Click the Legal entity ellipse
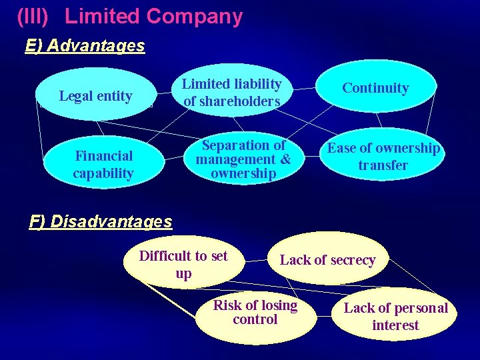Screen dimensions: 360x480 point(96,95)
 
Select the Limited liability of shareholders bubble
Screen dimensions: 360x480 point(232,92)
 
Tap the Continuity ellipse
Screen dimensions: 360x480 point(375,87)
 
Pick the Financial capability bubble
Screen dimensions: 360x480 point(103,164)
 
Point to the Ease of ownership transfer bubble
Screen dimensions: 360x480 point(383,157)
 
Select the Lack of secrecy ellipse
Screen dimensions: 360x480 point(327,259)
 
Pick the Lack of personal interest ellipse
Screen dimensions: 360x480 point(395,316)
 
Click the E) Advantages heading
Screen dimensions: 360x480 point(85,45)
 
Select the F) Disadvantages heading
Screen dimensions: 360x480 point(101,221)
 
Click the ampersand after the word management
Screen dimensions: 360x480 point(285,159)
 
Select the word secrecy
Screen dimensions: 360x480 point(352,260)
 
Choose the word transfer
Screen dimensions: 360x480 point(383,165)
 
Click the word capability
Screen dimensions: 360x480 point(103,173)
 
